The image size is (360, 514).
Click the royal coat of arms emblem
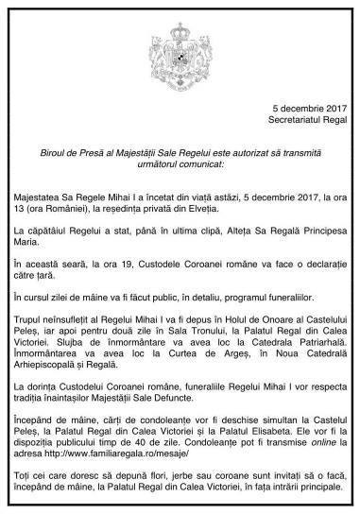(x=180, y=42)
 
